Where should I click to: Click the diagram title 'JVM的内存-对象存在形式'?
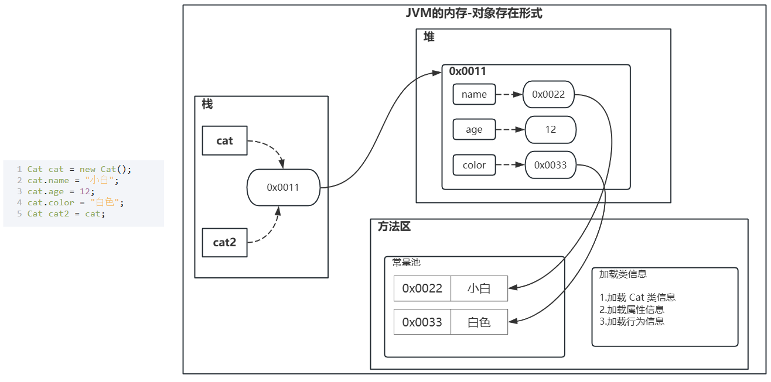point(474,13)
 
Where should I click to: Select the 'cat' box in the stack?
point(224,140)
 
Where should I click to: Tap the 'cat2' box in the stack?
point(224,242)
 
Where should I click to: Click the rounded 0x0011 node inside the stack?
point(283,187)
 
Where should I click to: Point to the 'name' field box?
point(474,94)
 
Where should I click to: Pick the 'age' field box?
point(474,130)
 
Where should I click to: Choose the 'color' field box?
point(474,165)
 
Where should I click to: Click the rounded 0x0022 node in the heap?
point(548,94)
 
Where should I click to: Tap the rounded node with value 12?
point(550,130)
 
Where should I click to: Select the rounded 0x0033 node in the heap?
point(550,165)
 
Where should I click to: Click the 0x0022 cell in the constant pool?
point(422,288)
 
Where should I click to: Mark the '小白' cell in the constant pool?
point(479,288)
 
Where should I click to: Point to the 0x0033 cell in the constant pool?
point(422,322)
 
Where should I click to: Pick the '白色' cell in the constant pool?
point(479,322)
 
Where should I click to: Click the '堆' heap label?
point(429,37)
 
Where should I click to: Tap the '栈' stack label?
point(207,104)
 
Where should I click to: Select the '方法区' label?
point(394,227)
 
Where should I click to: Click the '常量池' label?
point(407,263)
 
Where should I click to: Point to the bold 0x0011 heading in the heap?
point(468,71)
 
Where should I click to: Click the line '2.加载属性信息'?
point(632,309)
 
